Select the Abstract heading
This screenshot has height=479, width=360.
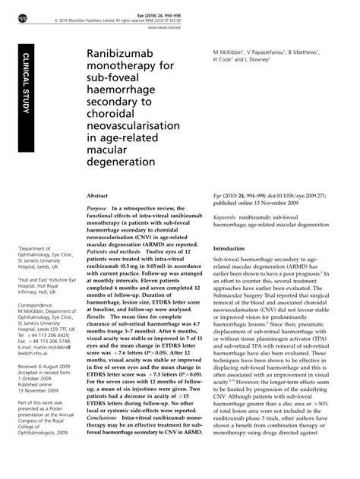pyautogui.click(x=101, y=195)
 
